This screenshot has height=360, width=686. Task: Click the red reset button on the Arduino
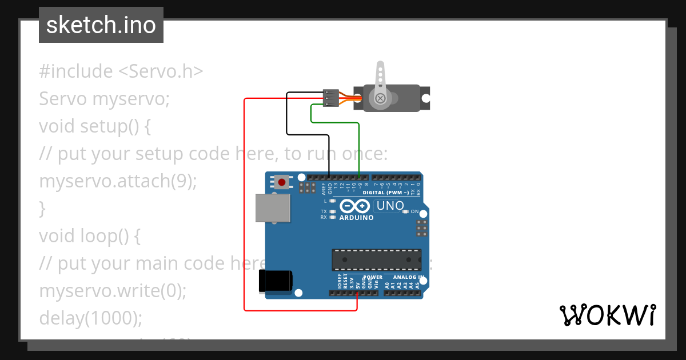(281, 182)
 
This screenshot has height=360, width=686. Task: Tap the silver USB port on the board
(272, 208)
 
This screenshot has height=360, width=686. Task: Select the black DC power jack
(276, 282)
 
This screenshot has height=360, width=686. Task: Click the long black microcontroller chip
(377, 260)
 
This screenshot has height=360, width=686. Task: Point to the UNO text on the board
(390, 206)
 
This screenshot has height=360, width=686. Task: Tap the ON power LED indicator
(406, 211)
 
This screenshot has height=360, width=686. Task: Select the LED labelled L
(332, 201)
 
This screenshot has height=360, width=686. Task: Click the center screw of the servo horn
(380, 98)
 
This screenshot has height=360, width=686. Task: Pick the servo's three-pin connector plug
(330, 98)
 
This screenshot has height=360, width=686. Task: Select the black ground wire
(287, 114)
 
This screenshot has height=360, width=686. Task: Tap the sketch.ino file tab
(101, 25)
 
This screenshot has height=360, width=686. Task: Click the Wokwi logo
(607, 315)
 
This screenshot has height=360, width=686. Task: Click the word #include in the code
(76, 71)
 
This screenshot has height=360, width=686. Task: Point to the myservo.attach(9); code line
(118, 181)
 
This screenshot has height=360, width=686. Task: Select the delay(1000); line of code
(90, 318)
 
